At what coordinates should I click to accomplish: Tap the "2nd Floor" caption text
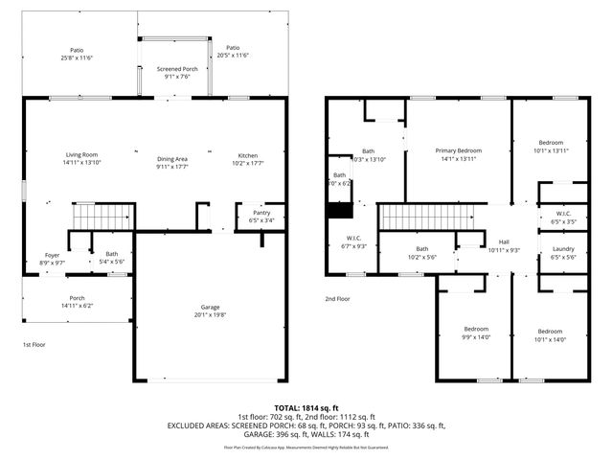pos(337,299)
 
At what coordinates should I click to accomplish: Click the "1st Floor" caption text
pos(34,344)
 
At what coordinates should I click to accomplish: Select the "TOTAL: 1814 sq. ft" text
pos(306,407)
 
